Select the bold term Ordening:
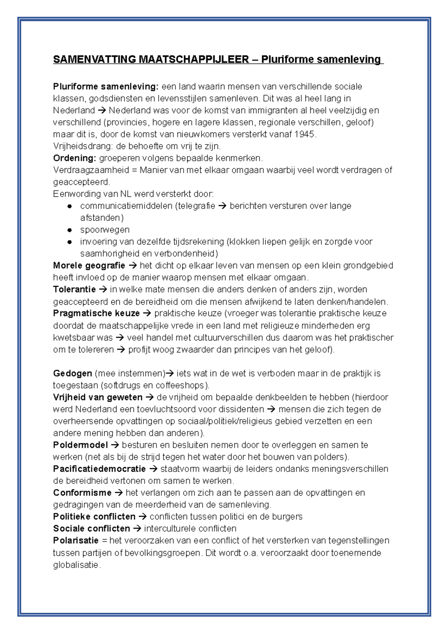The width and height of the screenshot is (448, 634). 75,158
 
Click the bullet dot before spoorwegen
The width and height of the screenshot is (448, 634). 69,230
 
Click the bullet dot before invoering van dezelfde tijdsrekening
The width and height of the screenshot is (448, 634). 69,242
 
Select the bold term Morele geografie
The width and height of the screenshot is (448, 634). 89,265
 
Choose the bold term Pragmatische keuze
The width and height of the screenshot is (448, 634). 96,313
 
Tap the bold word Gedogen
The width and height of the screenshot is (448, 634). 72,373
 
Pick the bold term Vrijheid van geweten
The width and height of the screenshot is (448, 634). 98,397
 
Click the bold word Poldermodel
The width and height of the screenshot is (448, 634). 80,445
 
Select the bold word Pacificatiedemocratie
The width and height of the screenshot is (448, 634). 99,469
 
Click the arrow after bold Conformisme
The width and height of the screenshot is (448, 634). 119,493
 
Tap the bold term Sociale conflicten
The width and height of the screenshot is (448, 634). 91,529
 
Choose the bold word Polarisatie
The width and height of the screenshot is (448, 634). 76,541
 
